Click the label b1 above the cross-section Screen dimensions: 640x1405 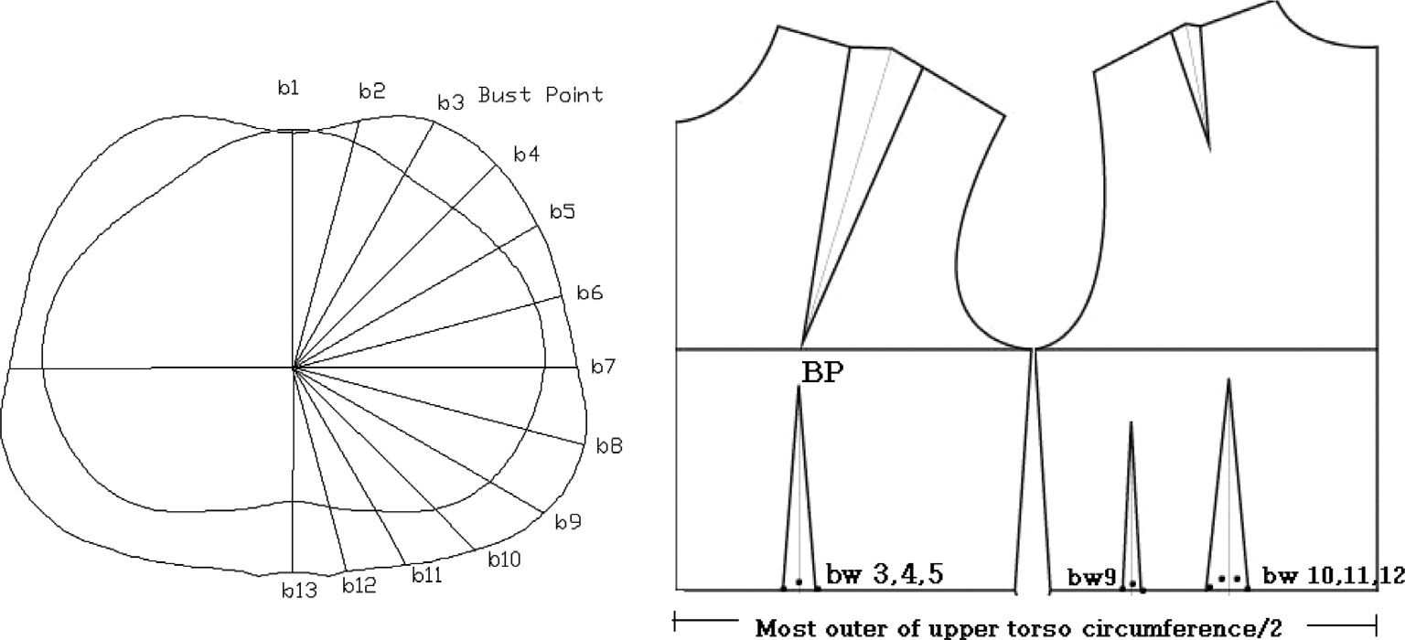288,88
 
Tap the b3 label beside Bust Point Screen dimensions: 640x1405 450,101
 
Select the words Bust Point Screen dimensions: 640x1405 541,95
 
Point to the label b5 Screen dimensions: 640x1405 563,212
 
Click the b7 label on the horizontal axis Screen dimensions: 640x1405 602,368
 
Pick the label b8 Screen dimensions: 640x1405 609,446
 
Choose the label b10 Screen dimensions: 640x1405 504,559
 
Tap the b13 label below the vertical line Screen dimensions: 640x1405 298,591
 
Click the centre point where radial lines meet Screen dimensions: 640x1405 294,368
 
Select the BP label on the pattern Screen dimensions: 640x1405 823,372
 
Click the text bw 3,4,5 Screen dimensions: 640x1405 885,575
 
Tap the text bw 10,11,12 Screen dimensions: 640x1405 1333,576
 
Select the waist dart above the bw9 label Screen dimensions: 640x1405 1132,512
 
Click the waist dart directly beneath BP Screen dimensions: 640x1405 799,494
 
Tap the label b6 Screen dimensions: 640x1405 590,293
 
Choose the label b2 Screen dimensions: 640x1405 372,91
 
